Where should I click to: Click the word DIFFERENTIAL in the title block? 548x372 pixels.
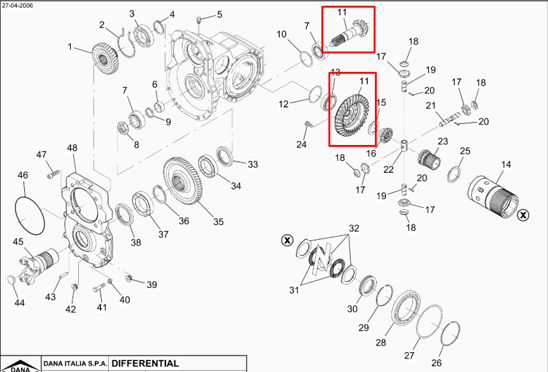tap(144, 364)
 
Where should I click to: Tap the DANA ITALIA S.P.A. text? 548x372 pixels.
tap(74, 364)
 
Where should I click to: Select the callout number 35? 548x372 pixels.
tap(218, 222)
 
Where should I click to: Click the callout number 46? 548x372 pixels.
tap(23, 175)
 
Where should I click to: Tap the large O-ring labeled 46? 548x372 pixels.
tap(25, 216)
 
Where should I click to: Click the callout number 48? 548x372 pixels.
tap(72, 148)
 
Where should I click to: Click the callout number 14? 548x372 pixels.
tap(506, 165)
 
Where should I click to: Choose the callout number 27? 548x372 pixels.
tap(410, 355)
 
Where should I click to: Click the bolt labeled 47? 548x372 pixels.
tap(52, 171)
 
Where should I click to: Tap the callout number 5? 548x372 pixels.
tap(220, 15)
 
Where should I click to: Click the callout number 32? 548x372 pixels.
tap(354, 228)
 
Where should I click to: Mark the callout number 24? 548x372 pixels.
tap(301, 145)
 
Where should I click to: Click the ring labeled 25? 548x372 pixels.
tap(456, 173)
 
